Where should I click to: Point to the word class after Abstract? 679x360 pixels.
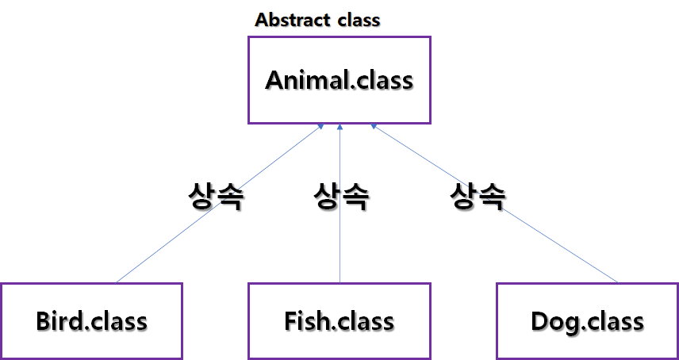pos(357,21)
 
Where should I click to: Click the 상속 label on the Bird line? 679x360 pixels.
pos(215,197)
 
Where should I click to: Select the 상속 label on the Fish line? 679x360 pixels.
pos(341,197)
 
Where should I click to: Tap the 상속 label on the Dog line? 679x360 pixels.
pos(478,197)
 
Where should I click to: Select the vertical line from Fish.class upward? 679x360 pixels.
pos(339,246)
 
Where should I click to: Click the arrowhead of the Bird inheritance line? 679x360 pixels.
pos(319,126)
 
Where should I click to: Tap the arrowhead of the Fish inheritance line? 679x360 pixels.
pos(339,126)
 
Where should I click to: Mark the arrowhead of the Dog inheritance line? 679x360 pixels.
pos(372,126)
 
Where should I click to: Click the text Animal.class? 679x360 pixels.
pos(339,80)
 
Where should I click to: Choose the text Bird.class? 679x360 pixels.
pos(91,322)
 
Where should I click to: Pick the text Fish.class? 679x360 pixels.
pos(339,322)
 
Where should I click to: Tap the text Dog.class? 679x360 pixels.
pos(587,322)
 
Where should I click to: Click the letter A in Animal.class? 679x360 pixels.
pos(275,80)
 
